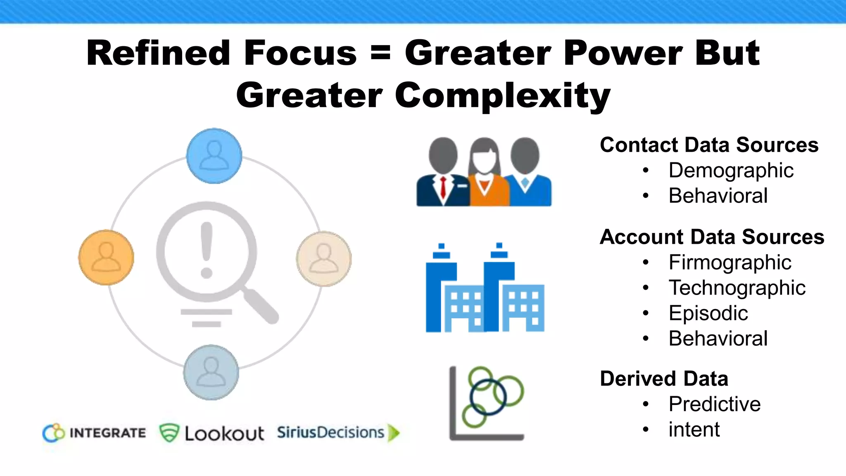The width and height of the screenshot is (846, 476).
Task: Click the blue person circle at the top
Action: (x=214, y=156)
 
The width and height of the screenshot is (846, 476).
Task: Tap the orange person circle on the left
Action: (x=106, y=257)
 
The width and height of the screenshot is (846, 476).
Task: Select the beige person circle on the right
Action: (x=324, y=259)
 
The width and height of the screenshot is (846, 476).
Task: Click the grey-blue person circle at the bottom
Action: (x=211, y=372)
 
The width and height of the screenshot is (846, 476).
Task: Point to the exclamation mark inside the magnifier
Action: (x=206, y=250)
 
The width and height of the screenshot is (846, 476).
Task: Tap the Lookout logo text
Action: (x=224, y=433)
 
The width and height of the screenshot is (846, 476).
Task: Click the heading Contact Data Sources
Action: (x=709, y=145)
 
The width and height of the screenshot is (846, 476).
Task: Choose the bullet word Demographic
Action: (x=731, y=171)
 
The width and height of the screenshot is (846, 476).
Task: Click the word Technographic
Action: (x=737, y=288)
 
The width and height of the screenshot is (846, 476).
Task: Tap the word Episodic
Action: (x=708, y=313)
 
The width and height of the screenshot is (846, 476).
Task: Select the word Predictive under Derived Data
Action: (x=714, y=404)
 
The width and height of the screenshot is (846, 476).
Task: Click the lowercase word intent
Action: (x=694, y=430)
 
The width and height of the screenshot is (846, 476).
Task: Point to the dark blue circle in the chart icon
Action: (x=488, y=397)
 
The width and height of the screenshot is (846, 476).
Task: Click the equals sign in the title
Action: (x=380, y=54)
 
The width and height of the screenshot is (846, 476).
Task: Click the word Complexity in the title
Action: (x=502, y=96)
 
